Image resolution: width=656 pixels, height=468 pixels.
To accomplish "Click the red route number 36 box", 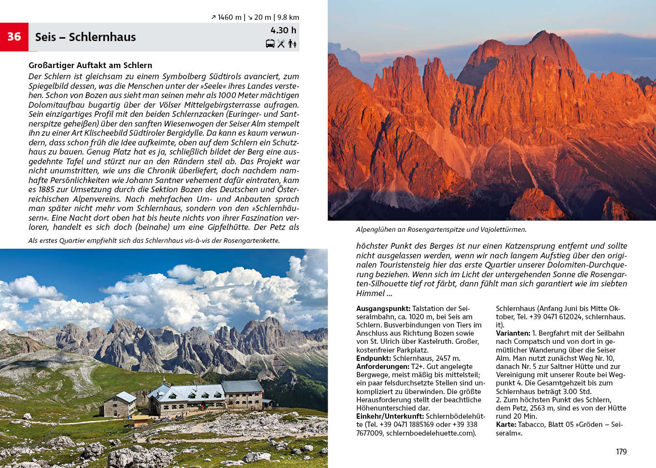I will [x=14, y=37].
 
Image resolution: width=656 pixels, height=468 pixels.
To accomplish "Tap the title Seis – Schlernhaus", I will [x=85, y=37].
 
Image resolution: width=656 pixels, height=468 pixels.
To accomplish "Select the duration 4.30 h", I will [x=283, y=30].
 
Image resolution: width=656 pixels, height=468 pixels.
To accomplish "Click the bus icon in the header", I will [x=270, y=43].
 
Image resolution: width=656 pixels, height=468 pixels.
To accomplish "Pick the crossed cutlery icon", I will [x=281, y=43].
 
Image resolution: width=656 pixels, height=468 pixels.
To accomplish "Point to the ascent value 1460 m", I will [x=229, y=17].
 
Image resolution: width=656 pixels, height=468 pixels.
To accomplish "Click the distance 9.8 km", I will [x=288, y=17].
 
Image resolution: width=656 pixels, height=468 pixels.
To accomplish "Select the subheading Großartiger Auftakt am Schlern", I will [x=90, y=65].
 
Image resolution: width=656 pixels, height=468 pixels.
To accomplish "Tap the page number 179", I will [x=621, y=452].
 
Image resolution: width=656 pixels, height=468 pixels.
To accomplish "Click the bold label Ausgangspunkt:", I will [x=383, y=309].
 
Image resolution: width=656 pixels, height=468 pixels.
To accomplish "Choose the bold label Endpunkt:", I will [x=374, y=358].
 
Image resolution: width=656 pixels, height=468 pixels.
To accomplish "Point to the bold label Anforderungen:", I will [x=383, y=367].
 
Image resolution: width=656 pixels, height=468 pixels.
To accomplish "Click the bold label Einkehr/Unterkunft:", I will [x=390, y=416].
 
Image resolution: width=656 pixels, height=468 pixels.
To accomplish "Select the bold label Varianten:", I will [x=513, y=333].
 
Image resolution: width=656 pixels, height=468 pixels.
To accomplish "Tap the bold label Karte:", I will [x=506, y=425].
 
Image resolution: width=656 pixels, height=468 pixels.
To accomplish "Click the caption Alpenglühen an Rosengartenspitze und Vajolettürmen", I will [x=441, y=229].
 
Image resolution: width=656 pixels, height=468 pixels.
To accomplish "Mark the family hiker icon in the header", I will [x=293, y=43].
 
